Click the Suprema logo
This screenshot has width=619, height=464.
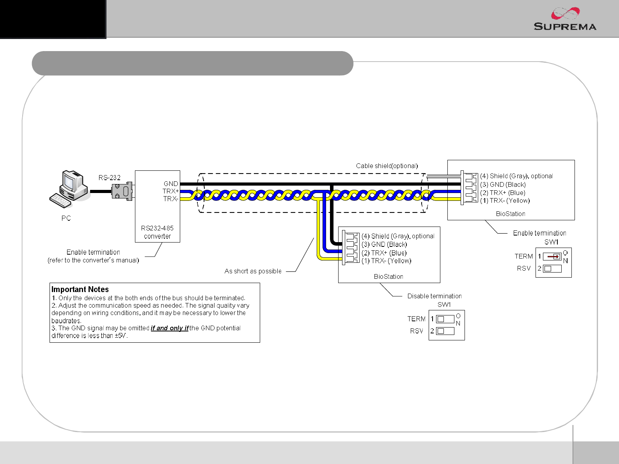564,19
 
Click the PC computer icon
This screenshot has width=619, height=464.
69,189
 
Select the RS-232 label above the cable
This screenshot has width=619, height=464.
109,178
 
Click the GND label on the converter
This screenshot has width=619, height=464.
171,184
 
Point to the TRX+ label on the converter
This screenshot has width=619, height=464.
170,191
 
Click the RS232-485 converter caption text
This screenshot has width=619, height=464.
157,232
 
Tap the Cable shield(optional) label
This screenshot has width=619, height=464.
387,166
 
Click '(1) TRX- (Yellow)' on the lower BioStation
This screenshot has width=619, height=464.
386,261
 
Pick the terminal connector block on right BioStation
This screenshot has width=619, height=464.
470,188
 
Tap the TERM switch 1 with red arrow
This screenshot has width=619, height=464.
552,257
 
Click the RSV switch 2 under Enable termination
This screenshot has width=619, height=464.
552,269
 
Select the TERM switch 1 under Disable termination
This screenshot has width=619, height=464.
445,319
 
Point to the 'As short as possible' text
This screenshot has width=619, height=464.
253,271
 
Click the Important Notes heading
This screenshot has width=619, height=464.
80,289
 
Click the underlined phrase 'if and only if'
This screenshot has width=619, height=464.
169,328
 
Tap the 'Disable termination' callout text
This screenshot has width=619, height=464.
434,296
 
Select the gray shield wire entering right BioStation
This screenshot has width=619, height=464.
444,177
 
